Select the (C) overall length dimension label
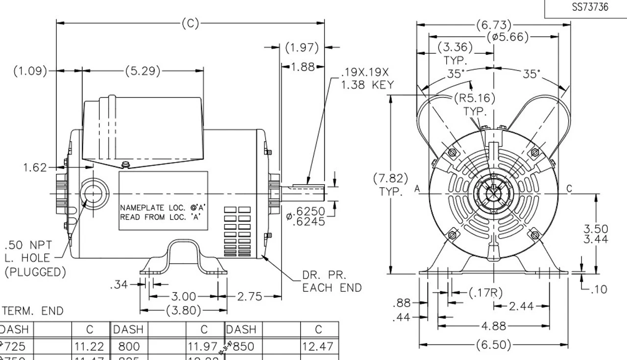pos(190,23)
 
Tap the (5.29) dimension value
pos(143,71)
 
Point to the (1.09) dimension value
pos(30,71)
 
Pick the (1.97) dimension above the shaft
pos(302,48)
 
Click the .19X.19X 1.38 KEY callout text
pos(367,78)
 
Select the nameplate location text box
pos(164,201)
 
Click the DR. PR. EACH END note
pos(332,282)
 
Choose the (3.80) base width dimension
pos(184,310)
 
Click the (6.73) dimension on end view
pos(493,24)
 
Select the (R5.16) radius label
pos(474,98)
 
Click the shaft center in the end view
pos(493,195)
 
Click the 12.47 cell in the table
pos(318,347)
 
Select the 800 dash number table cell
pos(129,347)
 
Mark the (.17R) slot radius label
pos(486,293)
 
